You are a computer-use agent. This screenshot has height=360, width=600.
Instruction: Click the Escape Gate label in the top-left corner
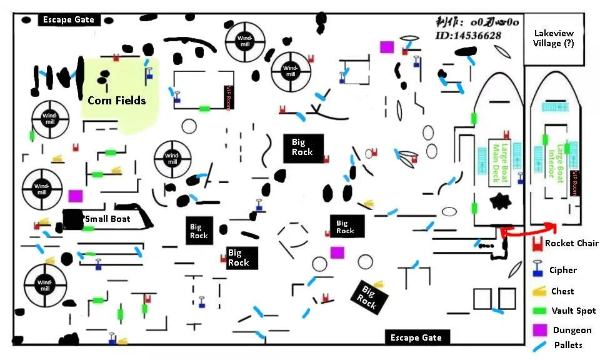pyautogui.click(x=68, y=19)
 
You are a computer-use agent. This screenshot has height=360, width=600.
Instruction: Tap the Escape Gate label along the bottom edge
pyautogui.click(x=416, y=337)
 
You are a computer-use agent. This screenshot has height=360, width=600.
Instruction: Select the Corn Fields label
pyautogui.click(x=116, y=100)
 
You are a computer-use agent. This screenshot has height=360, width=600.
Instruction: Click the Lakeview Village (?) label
pyautogui.click(x=553, y=39)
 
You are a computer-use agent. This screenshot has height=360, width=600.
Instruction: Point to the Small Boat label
pyautogui.click(x=107, y=219)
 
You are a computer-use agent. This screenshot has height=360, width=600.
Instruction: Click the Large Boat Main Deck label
pyautogui.click(x=498, y=164)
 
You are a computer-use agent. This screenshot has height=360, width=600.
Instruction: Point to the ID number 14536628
pyautogui.click(x=468, y=36)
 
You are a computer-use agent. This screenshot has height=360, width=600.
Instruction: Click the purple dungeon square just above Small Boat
pyautogui.click(x=76, y=196)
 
